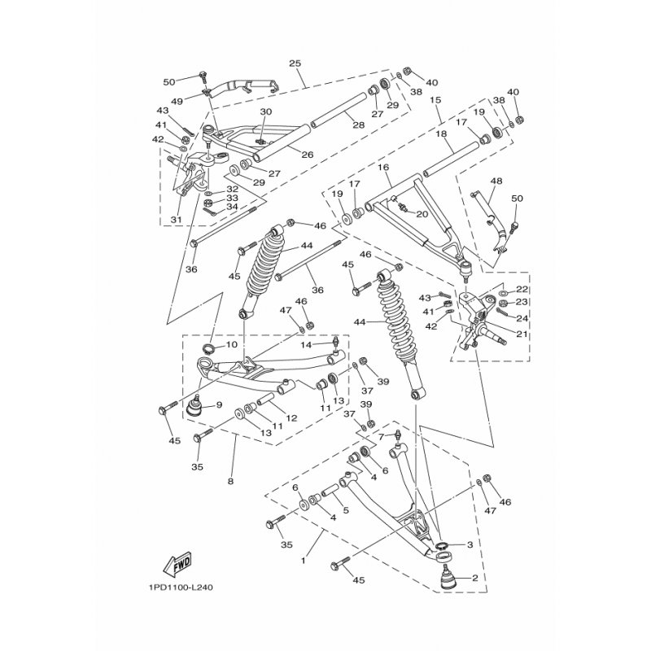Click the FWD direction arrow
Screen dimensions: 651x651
177,563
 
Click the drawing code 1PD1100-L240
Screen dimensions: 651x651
180,588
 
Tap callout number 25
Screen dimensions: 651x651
295,63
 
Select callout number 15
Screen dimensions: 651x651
435,100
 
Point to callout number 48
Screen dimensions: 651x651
496,181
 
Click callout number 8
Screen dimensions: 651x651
231,482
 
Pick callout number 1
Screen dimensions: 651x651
304,561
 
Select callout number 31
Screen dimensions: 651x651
177,220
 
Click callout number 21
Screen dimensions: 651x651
522,334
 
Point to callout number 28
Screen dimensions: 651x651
359,125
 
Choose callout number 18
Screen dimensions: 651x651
442,133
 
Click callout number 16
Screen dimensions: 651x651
383,167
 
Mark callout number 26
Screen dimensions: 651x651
308,155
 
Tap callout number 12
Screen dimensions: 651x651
292,417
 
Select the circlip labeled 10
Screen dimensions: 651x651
208,347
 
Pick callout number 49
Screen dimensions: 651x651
177,102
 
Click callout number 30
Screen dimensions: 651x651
266,111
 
